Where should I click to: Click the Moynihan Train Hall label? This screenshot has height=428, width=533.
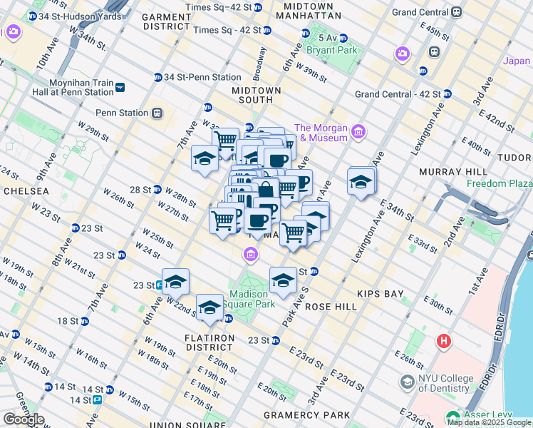pos(73,88)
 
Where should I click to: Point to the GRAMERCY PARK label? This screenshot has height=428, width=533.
pos(307,415)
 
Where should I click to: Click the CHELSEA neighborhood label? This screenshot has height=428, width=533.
pos(25,191)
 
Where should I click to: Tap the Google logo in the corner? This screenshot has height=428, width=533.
pos(23,419)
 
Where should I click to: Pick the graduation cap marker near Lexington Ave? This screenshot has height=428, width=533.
pos(361,183)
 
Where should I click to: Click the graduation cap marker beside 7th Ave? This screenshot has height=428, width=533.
pos(205,158)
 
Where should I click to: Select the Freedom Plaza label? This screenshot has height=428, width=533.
pos(499,183)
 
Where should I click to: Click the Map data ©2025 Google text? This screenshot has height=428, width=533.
pos(489,422)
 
